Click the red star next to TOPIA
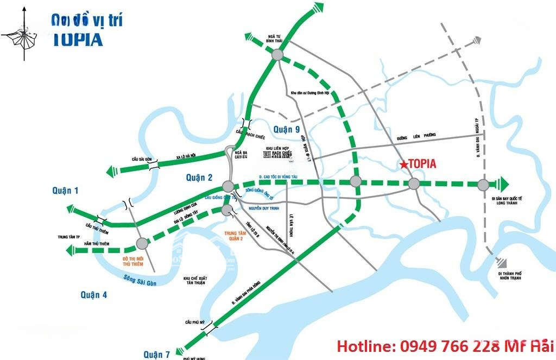[x=403, y=164]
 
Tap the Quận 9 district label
[x=286, y=129]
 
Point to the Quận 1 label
[x=66, y=190]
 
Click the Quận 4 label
[x=94, y=294]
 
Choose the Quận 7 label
[x=156, y=354]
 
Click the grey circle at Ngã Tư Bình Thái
[x=277, y=55]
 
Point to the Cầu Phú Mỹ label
[x=194, y=323]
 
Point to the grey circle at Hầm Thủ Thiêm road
[x=142, y=244]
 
